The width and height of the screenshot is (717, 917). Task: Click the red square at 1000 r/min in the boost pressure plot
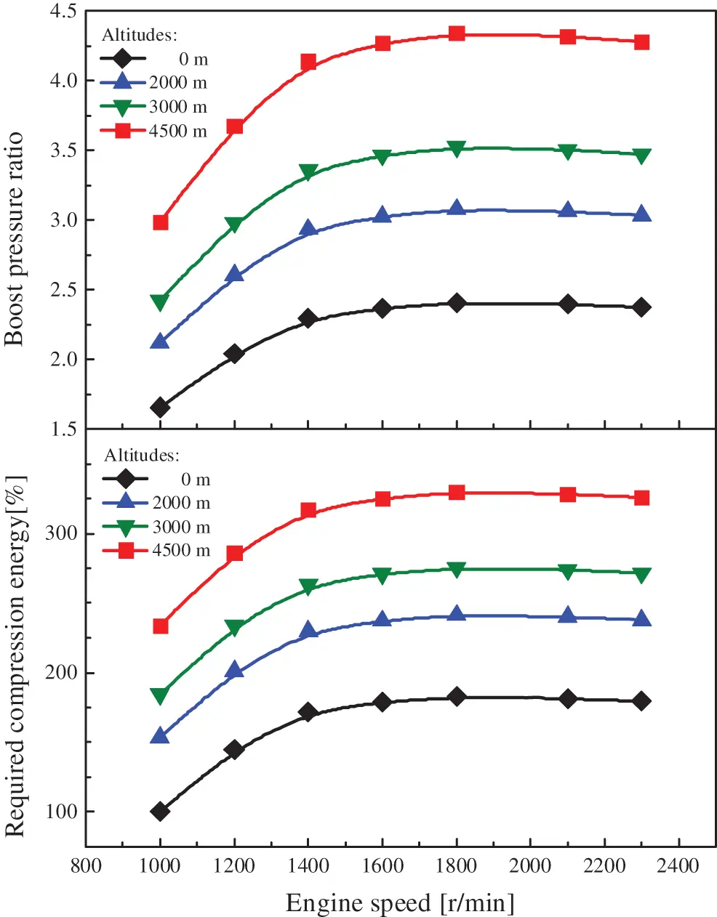(161, 222)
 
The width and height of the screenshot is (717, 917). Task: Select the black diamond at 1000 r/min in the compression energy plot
(160, 811)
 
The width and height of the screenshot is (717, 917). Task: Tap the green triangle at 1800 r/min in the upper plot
(457, 149)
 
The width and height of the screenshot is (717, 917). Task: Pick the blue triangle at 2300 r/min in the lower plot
(641, 618)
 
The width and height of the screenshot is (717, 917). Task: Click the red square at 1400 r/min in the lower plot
(308, 510)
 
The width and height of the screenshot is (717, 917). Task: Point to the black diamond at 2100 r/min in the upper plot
(568, 304)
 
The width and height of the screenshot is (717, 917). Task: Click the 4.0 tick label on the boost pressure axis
(63, 81)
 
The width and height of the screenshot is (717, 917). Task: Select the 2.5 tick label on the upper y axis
(63, 290)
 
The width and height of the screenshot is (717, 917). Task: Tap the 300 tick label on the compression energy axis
(61, 533)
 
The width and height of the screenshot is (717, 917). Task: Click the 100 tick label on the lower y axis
(61, 812)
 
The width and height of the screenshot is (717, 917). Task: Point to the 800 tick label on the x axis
(86, 866)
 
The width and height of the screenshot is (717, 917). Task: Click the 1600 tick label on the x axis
(382, 866)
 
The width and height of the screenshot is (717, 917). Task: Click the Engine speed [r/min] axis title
(400, 903)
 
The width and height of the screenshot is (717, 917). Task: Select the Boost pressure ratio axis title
(15, 239)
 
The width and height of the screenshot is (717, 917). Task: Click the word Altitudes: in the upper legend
(139, 35)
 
